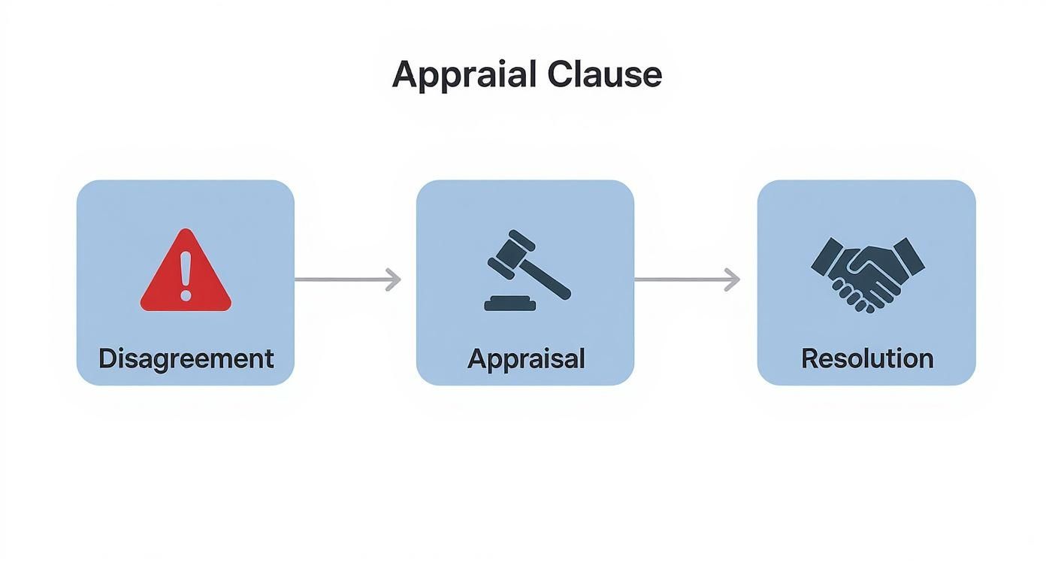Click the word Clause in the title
604,74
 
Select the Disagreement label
186,358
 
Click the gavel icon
525,270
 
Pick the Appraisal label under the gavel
525,358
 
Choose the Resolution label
867,358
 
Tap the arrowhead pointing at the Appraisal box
394,279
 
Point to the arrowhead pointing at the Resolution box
733,279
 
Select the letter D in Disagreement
106,358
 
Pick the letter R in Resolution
809,358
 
